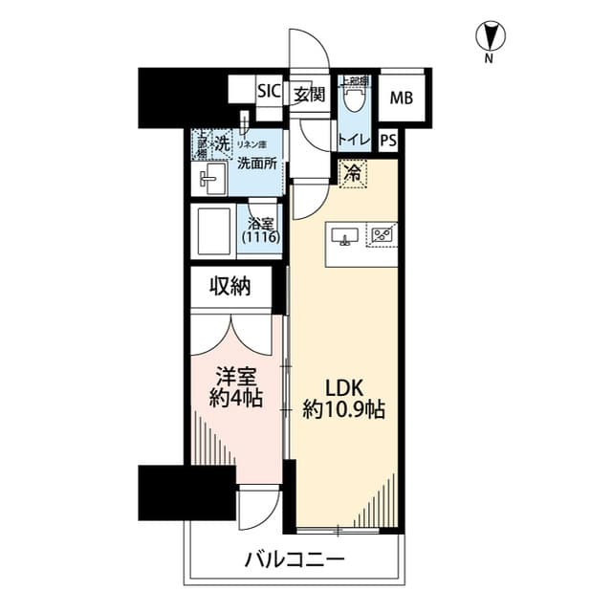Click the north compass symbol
click(x=489, y=37)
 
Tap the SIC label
click(x=269, y=93)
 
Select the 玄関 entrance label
click(x=309, y=94)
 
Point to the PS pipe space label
click(x=387, y=140)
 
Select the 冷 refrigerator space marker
click(x=353, y=174)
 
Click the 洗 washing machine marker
click(x=222, y=144)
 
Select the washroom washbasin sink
click(x=211, y=177)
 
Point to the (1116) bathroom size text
click(x=260, y=237)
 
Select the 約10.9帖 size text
click(x=343, y=412)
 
